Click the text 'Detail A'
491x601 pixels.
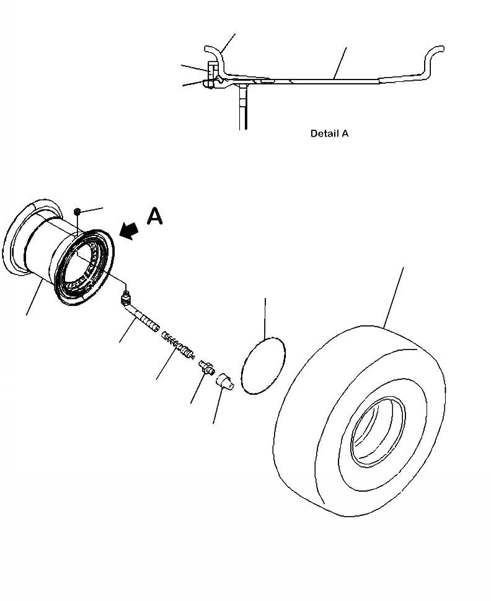[x=329, y=133]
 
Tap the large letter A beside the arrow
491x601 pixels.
[x=154, y=216]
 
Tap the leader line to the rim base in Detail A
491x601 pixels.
[x=340, y=62]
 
